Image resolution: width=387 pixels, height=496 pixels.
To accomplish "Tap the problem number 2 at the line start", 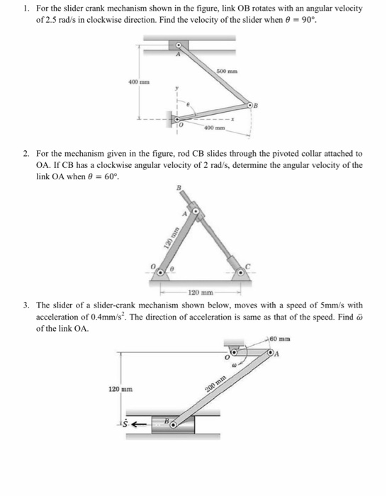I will click(x=25, y=153).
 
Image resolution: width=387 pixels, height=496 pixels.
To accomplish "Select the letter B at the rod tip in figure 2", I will click(x=180, y=188).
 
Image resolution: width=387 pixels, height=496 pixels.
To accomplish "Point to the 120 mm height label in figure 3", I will click(x=120, y=390).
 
